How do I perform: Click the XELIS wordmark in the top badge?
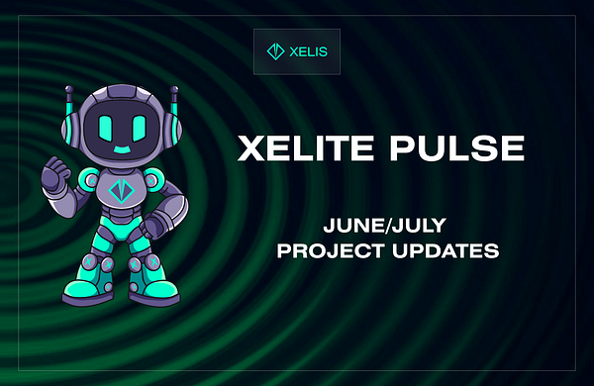[x=309, y=51]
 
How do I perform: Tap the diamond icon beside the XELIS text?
[x=275, y=51]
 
